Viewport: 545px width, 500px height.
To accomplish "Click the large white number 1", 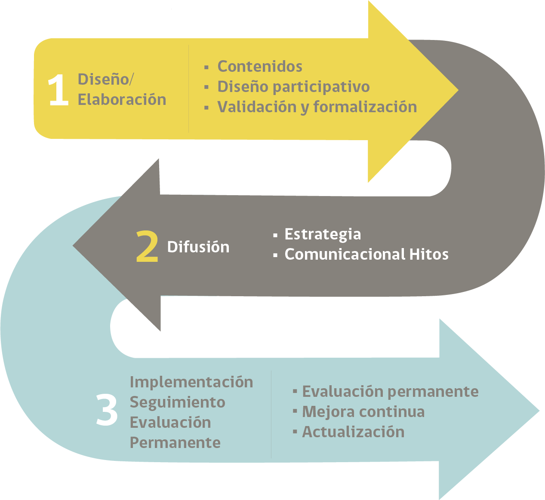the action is [x=59, y=89].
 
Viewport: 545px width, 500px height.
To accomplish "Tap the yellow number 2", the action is [x=147, y=246].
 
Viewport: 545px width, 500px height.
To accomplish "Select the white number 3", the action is [x=107, y=409].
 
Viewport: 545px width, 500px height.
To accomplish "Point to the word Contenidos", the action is [x=260, y=66].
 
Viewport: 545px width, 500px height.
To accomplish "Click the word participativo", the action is [x=321, y=87].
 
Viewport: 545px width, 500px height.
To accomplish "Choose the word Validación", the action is [x=257, y=107].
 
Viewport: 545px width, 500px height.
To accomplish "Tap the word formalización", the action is [x=365, y=107].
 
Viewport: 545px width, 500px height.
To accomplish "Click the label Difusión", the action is [x=198, y=247].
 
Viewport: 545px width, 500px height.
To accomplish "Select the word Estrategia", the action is [x=323, y=235].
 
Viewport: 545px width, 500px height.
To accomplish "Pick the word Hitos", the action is [x=429, y=254].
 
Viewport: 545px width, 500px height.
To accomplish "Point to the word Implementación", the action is [x=191, y=383].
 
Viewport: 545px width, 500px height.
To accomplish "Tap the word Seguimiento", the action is [x=178, y=402].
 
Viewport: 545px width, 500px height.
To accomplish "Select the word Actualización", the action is [x=353, y=432].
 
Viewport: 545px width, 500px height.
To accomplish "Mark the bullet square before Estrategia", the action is [x=275, y=235].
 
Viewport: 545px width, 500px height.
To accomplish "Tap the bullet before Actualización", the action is [x=295, y=431].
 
